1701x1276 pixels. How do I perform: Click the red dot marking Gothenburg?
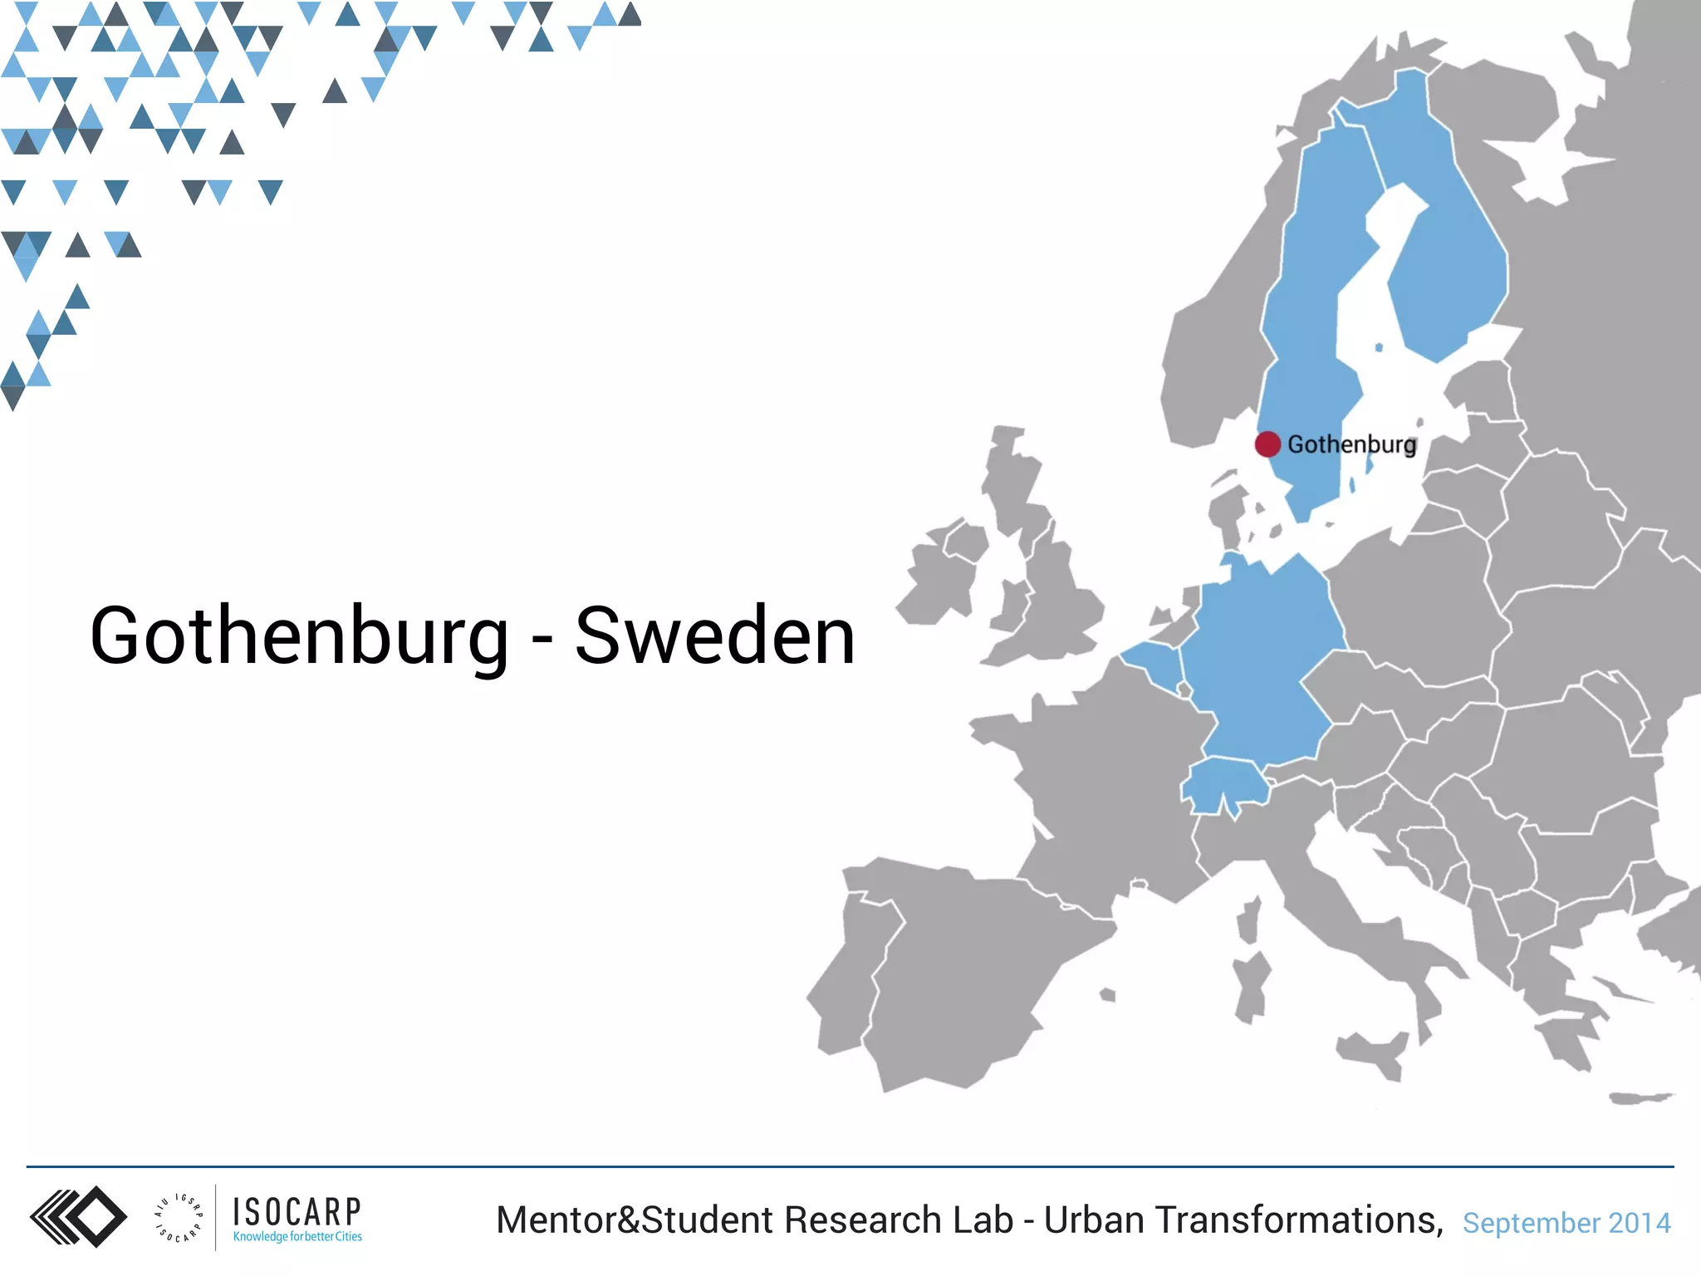click(x=1267, y=444)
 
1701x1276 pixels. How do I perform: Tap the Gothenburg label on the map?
click(x=1351, y=444)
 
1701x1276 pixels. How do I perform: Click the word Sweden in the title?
click(x=714, y=636)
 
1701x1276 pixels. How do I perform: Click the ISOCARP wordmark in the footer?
click(x=297, y=1212)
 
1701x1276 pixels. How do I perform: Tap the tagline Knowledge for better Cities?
click(x=297, y=1237)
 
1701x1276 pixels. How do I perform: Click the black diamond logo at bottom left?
click(x=79, y=1217)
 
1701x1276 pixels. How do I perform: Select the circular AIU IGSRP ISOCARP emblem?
click(x=178, y=1218)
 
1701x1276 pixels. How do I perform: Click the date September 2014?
click(x=1566, y=1223)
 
